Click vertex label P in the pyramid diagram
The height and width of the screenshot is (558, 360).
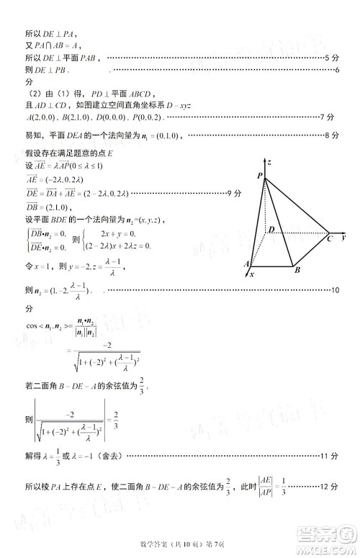point(258,176)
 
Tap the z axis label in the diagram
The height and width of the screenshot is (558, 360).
point(269,163)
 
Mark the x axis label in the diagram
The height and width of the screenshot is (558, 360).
point(252,274)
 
